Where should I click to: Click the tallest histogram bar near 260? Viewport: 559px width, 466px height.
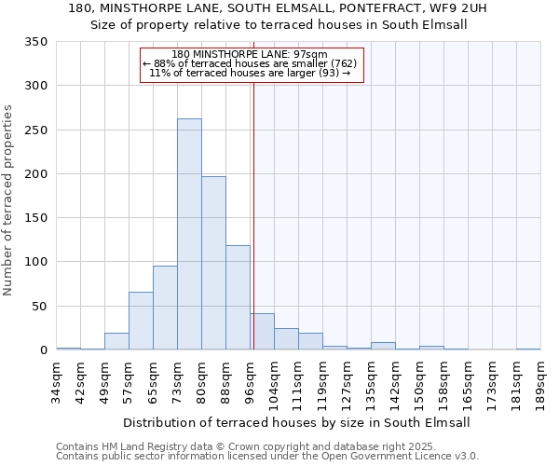tap(189, 234)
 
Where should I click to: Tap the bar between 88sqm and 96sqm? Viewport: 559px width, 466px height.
tap(238, 297)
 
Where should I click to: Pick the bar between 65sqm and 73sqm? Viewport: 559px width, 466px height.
tap(165, 308)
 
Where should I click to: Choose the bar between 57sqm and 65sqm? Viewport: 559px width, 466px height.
tap(141, 321)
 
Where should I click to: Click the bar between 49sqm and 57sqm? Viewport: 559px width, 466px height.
tap(116, 341)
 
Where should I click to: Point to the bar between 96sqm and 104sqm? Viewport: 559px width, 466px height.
tap(262, 332)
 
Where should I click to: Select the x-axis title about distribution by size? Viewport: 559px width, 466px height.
tap(296, 422)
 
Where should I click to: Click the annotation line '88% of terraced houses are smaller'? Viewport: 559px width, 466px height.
tap(250, 63)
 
